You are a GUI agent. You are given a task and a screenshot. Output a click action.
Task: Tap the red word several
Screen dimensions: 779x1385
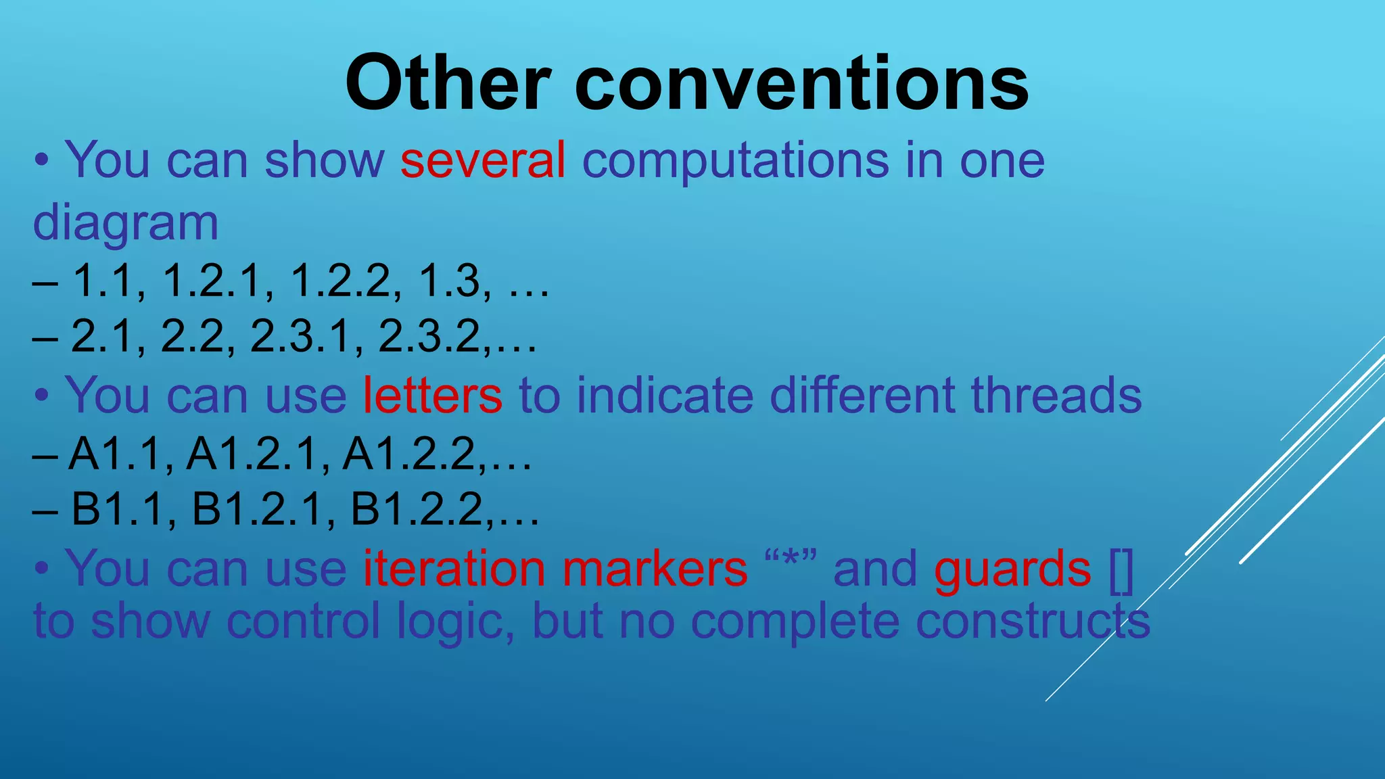[483, 160]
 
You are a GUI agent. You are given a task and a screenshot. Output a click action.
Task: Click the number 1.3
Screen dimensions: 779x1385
[449, 280]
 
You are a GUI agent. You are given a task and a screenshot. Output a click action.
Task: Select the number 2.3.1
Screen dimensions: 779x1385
[300, 336]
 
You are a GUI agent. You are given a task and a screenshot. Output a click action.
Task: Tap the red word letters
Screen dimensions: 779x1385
[433, 395]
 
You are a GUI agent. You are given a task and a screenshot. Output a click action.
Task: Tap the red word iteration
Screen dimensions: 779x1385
[454, 569]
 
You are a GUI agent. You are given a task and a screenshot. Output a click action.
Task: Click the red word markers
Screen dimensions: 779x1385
[655, 569]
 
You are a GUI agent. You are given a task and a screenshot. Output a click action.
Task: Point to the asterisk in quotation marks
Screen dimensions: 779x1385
[790, 563]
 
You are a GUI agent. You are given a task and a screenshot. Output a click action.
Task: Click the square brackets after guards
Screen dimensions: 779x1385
[1121, 570]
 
